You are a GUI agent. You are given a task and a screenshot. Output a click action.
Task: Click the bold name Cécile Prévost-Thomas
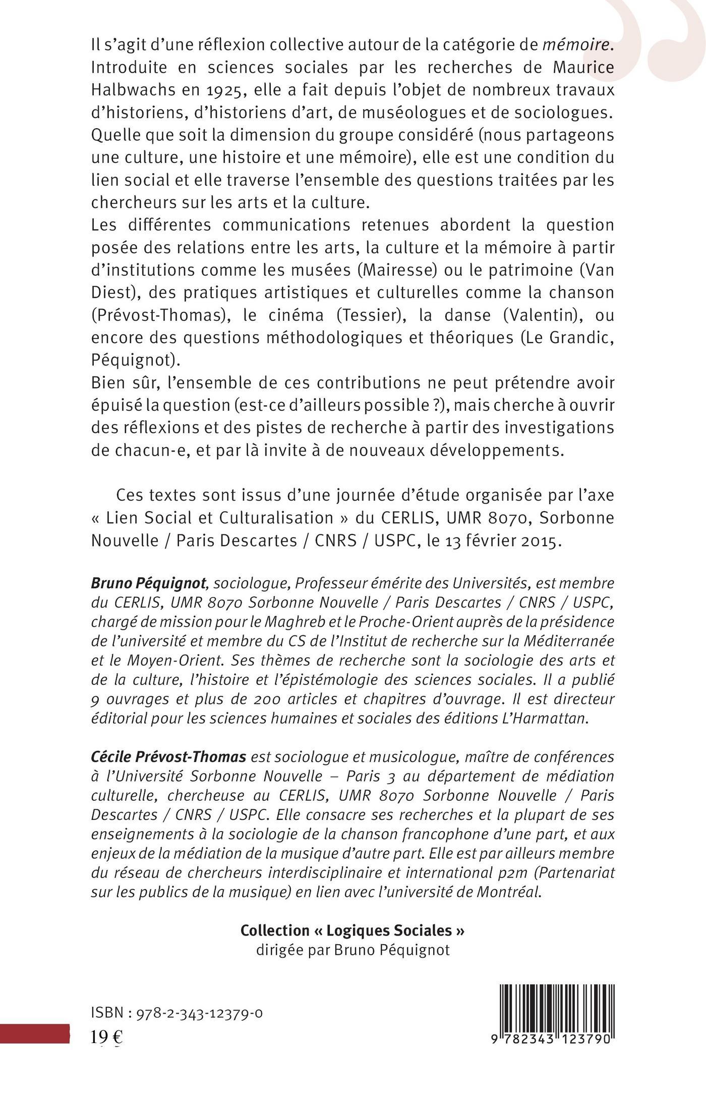168,757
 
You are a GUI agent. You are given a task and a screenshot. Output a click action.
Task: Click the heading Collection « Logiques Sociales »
352,930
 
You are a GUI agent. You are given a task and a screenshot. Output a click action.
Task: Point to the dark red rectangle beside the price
34,1033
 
